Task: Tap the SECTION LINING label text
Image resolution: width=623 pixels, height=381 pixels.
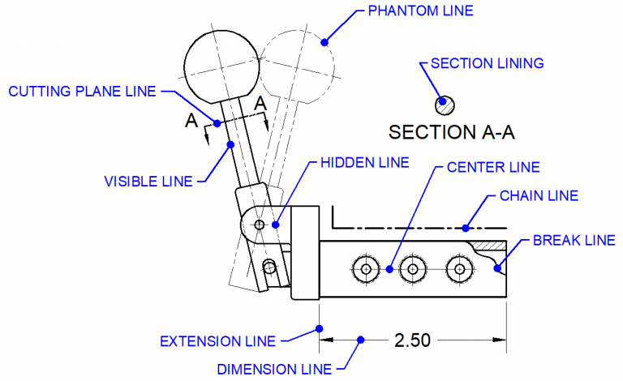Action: [487, 63]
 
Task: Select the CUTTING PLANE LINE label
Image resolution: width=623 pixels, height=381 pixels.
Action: [81, 92]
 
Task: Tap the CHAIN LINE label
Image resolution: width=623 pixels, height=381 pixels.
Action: [539, 195]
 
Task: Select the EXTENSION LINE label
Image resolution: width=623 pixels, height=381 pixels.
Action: [217, 340]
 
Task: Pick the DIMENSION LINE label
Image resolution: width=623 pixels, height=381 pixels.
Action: [274, 370]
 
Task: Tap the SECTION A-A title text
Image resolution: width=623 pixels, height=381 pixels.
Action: [452, 131]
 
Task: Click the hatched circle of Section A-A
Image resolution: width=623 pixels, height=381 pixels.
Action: [445, 105]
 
